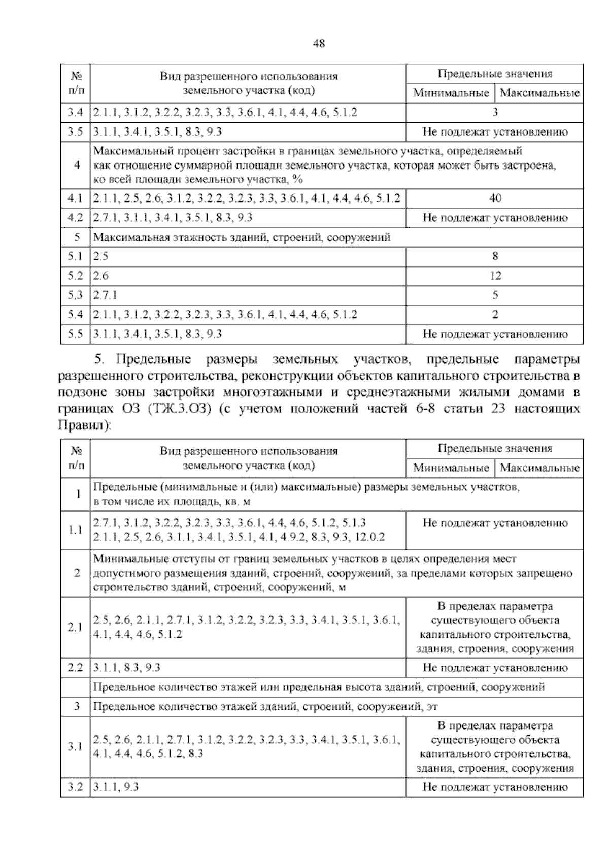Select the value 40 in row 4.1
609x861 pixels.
point(495,198)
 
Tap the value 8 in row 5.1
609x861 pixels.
point(495,257)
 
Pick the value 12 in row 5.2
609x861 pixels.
point(495,276)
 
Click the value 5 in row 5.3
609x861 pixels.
point(495,295)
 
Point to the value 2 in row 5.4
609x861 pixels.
point(495,315)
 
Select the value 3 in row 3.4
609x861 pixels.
point(495,112)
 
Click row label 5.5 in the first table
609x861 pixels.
point(75,334)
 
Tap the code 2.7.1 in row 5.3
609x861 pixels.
point(105,295)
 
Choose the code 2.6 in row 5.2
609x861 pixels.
point(101,276)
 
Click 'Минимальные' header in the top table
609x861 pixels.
point(451,93)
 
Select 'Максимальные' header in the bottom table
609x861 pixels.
point(539,468)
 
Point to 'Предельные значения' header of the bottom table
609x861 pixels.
point(495,449)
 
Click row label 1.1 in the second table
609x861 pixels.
point(75,531)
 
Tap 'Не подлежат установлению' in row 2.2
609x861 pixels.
point(495,668)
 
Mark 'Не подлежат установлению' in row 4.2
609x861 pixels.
point(495,218)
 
